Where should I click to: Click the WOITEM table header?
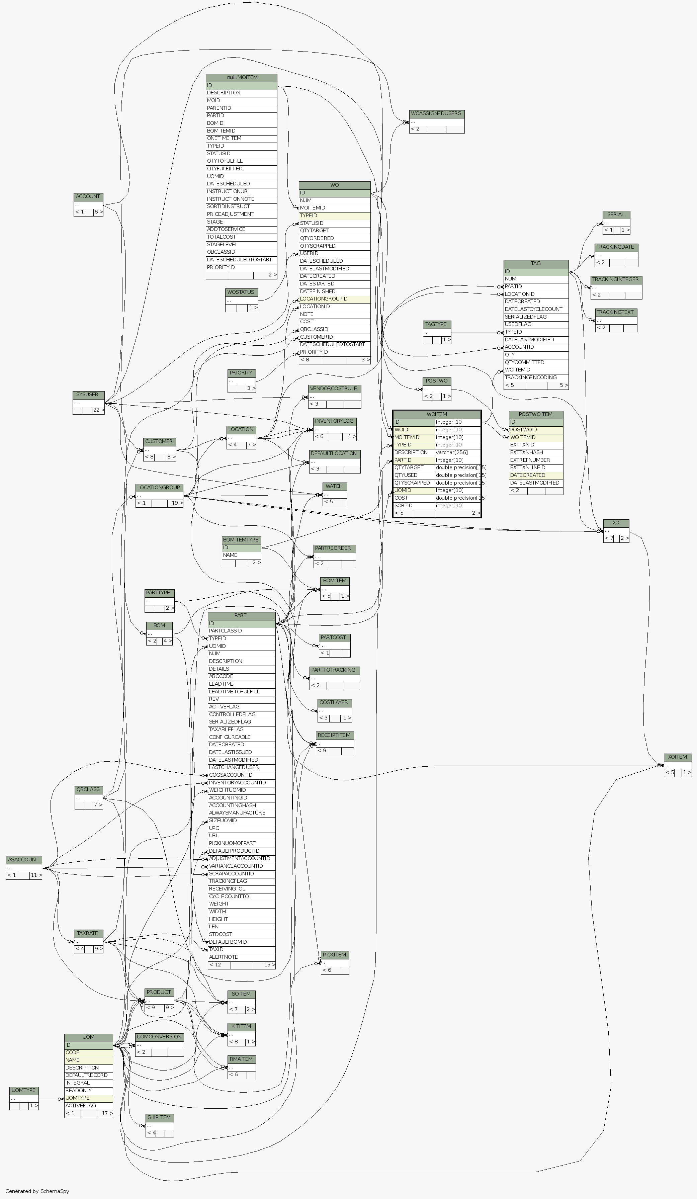[x=436, y=414]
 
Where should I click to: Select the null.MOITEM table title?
[x=242, y=78]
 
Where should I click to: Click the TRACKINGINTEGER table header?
[x=616, y=280]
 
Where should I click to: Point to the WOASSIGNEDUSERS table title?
[x=436, y=114]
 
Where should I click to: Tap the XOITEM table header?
[x=678, y=757]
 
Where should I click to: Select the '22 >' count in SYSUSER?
[x=98, y=411]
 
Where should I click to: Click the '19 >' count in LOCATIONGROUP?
[x=177, y=503]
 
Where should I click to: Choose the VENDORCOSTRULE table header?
[x=335, y=389]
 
